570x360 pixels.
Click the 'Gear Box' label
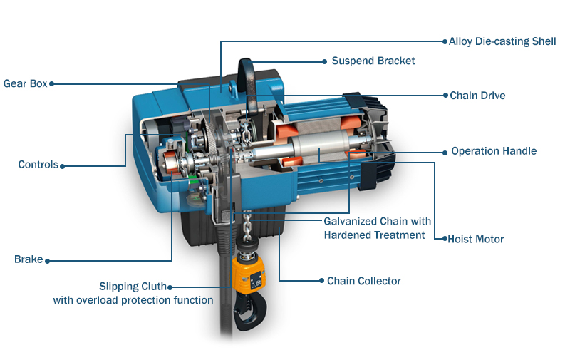[x=26, y=83]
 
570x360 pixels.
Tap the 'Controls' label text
[x=38, y=165]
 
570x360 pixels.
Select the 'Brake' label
[x=28, y=259]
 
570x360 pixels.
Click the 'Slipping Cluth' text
[x=133, y=287]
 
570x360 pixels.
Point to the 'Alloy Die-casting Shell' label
[x=502, y=41]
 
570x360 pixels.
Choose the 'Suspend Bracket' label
[x=373, y=61]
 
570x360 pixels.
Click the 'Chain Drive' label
[x=477, y=96]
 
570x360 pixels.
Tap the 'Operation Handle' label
[x=494, y=151]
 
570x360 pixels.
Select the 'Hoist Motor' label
[x=476, y=239]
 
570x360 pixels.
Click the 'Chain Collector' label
[x=364, y=281]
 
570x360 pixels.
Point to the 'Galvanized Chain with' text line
[x=378, y=221]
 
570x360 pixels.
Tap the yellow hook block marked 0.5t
[x=249, y=273]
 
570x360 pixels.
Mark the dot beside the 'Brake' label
[x=47, y=261]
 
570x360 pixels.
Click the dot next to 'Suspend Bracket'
[x=325, y=62]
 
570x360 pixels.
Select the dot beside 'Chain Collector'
[x=321, y=281]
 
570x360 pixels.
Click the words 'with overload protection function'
[x=133, y=300]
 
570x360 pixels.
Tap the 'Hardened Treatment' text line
[x=375, y=235]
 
